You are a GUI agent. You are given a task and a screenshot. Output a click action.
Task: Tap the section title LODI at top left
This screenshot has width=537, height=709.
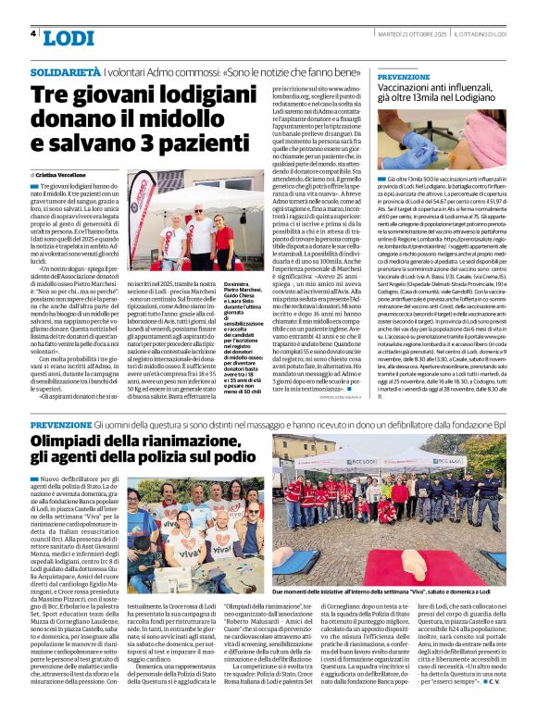click(x=69, y=37)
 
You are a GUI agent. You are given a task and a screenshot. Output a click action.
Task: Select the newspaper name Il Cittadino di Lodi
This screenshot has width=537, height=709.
click(x=493, y=33)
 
